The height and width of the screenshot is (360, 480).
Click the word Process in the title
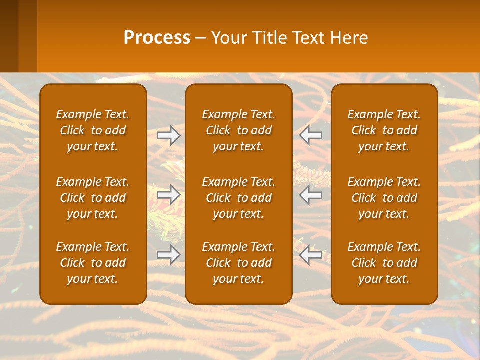[x=157, y=38]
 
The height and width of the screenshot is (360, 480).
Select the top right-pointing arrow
[x=169, y=135]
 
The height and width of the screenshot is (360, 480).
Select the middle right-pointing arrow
[x=169, y=195]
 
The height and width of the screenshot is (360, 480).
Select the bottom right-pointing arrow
[x=169, y=255]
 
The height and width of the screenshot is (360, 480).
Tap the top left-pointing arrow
[x=310, y=135]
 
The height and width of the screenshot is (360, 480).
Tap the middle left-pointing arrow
[x=310, y=195]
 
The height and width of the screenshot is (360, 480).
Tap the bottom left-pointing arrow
[x=310, y=255]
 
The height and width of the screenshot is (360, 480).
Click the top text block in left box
[x=93, y=130]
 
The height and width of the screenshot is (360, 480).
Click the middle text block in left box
[x=93, y=198]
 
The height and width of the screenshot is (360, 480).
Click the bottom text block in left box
[x=93, y=263]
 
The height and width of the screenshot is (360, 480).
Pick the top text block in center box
[x=238, y=130]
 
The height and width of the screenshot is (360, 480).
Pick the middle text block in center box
[x=238, y=198]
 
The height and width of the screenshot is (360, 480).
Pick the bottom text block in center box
[x=238, y=263]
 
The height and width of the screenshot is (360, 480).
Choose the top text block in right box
[x=384, y=130]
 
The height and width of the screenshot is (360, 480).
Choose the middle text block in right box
[x=384, y=198]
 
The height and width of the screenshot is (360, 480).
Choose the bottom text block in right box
[x=384, y=263]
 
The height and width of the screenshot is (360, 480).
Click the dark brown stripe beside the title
[x=9, y=36]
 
